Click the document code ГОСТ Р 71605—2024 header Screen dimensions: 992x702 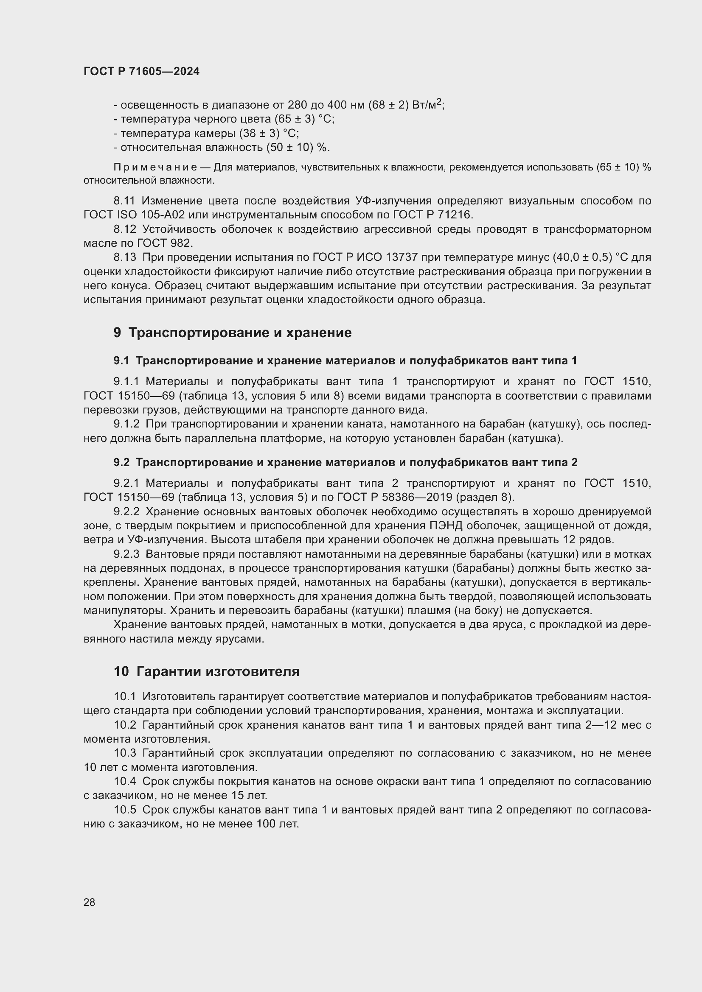141,72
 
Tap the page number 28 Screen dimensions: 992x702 90,902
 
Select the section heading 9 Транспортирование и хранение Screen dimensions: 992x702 233,333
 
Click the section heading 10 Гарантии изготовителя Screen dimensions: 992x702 207,671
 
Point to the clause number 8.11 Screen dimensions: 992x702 124,201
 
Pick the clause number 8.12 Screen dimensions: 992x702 124,229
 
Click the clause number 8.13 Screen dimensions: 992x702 124,257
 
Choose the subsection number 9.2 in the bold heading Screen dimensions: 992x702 121,462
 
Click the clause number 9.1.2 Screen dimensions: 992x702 126,424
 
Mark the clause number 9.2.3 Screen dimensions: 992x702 126,554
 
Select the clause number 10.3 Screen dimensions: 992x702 125,753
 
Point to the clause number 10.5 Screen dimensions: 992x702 125,810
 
